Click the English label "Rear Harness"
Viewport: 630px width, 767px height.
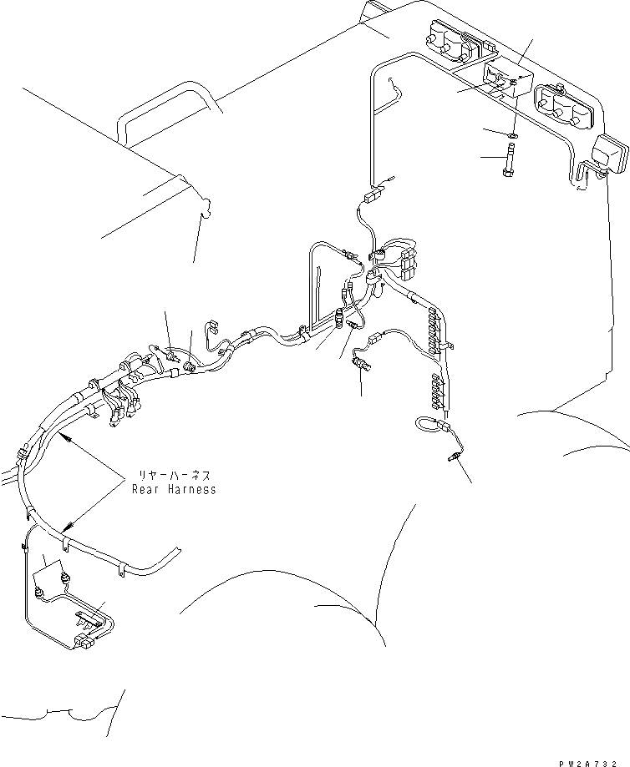(174, 489)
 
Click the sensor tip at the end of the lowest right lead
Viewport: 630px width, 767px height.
(455, 455)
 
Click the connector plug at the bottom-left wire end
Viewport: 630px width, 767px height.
(84, 643)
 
